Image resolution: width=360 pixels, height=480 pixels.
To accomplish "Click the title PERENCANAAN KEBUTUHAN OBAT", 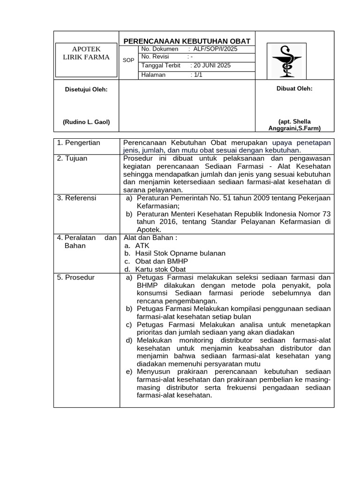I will (187, 41).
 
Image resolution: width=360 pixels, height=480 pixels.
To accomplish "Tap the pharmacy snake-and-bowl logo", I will (286, 61).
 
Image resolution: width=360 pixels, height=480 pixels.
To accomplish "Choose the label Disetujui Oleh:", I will (86, 90).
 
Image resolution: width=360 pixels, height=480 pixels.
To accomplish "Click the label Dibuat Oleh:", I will (294, 89).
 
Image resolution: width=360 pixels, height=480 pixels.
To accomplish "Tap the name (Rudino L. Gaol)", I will (86, 122).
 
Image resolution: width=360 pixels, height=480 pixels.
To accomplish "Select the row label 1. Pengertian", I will (79, 142).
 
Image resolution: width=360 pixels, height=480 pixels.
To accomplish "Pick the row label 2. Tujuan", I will (72, 158).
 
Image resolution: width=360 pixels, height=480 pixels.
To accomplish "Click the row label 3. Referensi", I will (76, 198).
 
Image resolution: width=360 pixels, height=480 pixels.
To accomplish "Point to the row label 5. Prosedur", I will (76, 277).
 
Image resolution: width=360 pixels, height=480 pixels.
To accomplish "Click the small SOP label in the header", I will (128, 60).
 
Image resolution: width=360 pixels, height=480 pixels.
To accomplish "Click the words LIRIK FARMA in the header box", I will (86, 57).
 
